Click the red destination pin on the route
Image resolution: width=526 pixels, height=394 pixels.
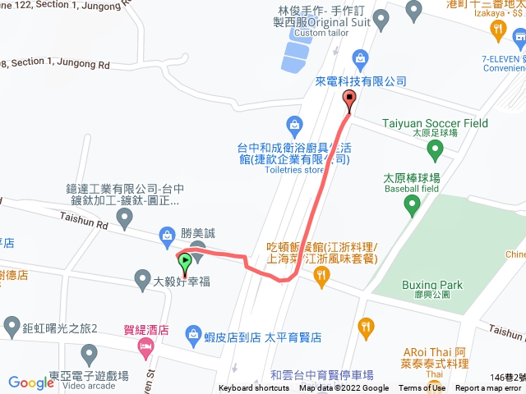[349, 101]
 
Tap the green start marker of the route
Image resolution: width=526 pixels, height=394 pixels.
[185, 263]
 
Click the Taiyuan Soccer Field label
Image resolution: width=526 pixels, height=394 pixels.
[435, 123]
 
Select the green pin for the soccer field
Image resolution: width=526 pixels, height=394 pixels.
[435, 149]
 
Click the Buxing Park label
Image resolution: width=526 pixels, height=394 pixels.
[432, 285]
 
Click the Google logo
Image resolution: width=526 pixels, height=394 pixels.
[31, 382]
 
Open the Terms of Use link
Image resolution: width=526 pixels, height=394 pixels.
[422, 388]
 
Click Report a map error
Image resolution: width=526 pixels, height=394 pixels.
[489, 388]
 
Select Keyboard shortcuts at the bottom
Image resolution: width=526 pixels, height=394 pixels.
[254, 388]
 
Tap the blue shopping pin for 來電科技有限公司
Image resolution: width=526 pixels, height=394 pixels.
[359, 57]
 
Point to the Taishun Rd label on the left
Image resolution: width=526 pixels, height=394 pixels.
[84, 219]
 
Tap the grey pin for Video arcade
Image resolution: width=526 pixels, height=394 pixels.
[90, 354]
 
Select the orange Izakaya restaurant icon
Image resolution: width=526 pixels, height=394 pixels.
[497, 31]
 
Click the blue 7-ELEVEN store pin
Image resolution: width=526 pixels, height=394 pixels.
[517, 39]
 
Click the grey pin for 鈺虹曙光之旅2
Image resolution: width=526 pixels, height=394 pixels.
[12, 326]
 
